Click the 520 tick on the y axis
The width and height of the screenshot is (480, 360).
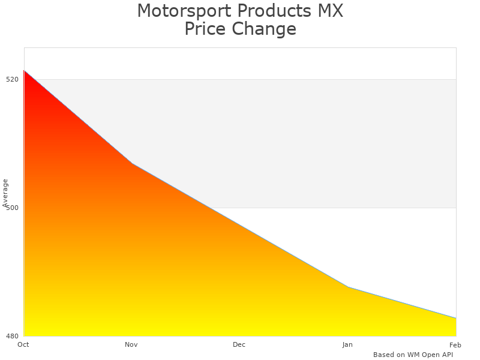[12, 79]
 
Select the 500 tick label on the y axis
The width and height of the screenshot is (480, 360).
[12, 208]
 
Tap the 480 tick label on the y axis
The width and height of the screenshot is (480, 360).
[12, 336]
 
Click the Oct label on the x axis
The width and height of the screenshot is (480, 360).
[23, 344]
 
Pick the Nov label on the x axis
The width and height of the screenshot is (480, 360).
[131, 344]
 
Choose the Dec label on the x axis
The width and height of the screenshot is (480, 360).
[239, 344]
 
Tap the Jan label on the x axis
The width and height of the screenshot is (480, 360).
[347, 344]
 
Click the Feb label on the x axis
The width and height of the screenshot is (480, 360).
[455, 344]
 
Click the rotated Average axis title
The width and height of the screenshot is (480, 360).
[5, 192]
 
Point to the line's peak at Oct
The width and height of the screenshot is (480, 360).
[24, 70]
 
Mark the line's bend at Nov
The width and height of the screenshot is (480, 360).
[132, 163]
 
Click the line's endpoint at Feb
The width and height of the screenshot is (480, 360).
[456, 318]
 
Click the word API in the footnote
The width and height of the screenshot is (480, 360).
[446, 355]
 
